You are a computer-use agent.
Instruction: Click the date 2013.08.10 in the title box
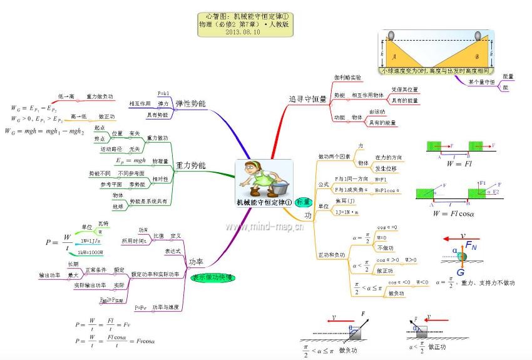click(246, 31)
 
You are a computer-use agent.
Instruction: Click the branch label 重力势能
click(191, 165)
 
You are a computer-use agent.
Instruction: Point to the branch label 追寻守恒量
click(307, 99)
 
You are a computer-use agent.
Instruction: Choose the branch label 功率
click(196, 262)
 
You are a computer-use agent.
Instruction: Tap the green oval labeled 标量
click(304, 202)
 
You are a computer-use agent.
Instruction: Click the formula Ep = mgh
click(131, 161)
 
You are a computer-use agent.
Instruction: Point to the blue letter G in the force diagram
click(461, 272)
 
